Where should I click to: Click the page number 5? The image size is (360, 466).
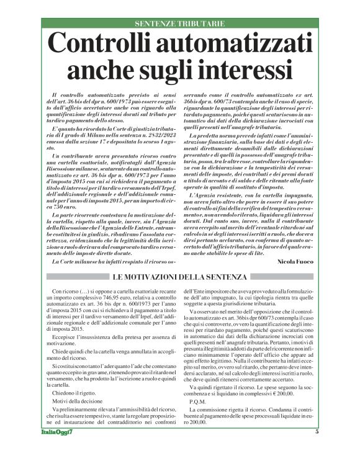[317, 449]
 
